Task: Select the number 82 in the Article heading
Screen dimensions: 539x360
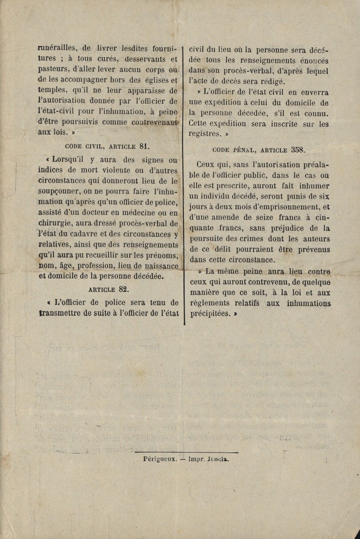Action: [x=124, y=288]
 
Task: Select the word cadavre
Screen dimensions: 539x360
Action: [x=89, y=234]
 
